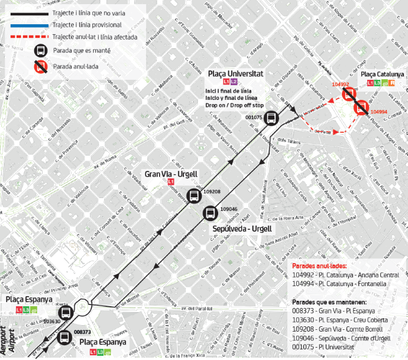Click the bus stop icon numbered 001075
coord(271,117)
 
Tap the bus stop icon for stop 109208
coord(193,196)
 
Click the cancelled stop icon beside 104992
coord(349,93)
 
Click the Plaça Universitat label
coord(232,73)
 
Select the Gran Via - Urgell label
coord(171,174)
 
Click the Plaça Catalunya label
coord(382,74)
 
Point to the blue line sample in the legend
coord(28,25)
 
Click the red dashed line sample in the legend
coord(28,37)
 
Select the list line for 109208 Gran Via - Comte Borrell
coord(337,329)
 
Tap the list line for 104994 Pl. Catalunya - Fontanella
coord(339,284)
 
